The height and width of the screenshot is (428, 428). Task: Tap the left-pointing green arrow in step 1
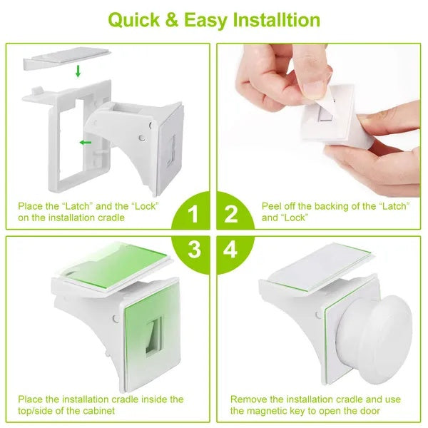pyautogui.click(x=86, y=143)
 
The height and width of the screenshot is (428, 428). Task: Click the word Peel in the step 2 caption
pyautogui.click(x=274, y=205)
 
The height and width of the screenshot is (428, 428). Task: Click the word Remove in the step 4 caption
pyautogui.click(x=248, y=399)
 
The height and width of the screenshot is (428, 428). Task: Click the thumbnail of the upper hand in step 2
pyautogui.click(x=310, y=89)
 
